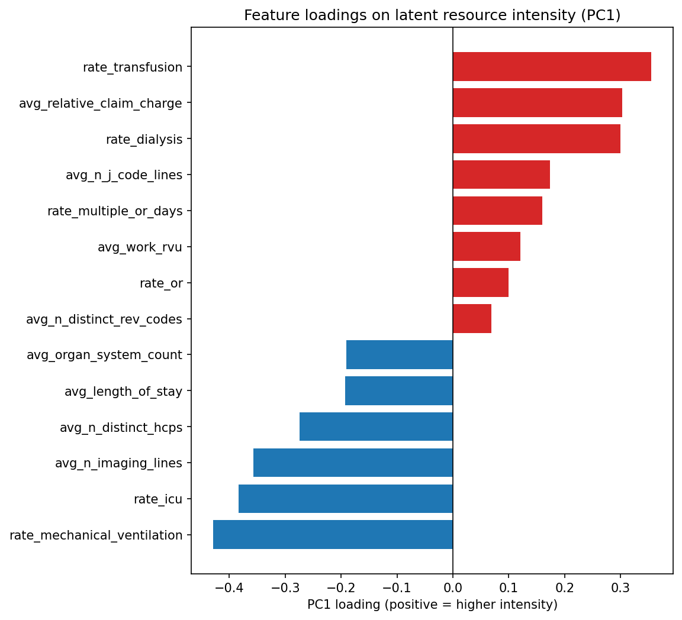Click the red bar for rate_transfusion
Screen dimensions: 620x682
[552, 67]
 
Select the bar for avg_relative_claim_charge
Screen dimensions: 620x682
[538, 103]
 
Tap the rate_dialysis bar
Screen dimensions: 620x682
[536, 139]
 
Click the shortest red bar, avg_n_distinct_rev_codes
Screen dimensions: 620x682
[472, 319]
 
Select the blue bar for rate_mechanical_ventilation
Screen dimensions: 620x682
[333, 535]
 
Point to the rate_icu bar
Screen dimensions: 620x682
[346, 499]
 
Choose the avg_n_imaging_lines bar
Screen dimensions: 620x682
[353, 463]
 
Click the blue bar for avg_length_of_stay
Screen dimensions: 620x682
[399, 391]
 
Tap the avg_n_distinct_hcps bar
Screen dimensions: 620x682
[376, 427]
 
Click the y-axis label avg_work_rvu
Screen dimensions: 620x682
[140, 247]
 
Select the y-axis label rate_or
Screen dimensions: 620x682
[161, 283]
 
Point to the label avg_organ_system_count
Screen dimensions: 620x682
[104, 355]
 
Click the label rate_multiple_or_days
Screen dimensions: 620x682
[115, 211]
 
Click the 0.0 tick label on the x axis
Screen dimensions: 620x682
[453, 587]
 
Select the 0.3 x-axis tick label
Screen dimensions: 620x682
[620, 587]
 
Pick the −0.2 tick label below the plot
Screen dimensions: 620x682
[341, 587]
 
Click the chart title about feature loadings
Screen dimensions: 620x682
[432, 15]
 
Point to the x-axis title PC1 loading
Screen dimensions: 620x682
[432, 605]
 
